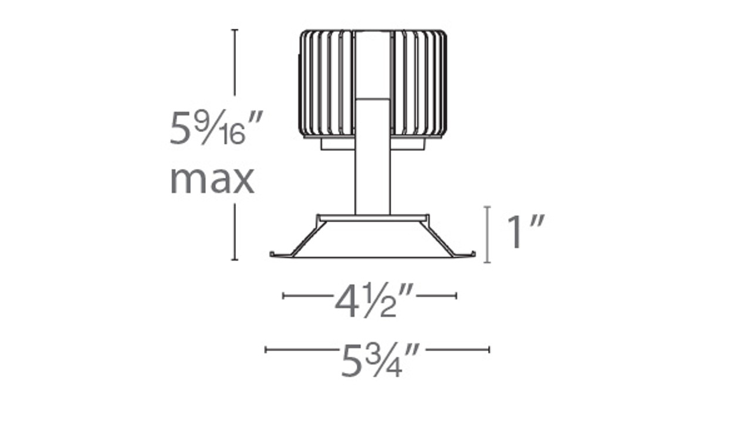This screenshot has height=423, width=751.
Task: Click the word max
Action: tap(212, 180)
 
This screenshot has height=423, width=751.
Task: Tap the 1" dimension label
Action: tap(525, 232)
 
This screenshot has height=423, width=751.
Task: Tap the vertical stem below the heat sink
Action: tap(373, 176)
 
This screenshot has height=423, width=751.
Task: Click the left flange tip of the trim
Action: tap(274, 254)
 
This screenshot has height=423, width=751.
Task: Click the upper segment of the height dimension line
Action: tap(235, 62)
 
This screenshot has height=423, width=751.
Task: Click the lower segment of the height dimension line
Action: tap(235, 232)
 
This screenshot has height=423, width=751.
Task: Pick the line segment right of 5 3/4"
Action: tap(458, 350)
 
